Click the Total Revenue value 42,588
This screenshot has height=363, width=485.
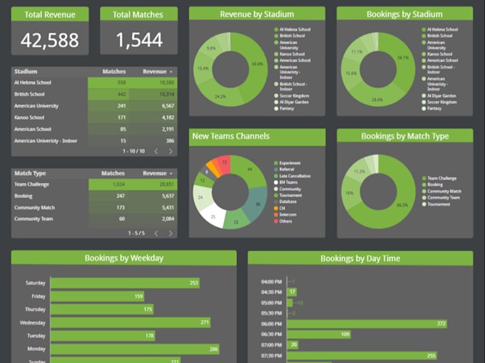coord(49,40)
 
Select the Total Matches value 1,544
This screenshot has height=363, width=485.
coord(139,40)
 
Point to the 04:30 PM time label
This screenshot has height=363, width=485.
coord(271,292)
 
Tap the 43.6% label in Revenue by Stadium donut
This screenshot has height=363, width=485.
coord(256,65)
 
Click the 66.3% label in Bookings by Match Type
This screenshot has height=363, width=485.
coord(402,205)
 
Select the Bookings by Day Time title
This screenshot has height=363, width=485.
coord(360,258)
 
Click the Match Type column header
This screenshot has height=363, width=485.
coord(30,173)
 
